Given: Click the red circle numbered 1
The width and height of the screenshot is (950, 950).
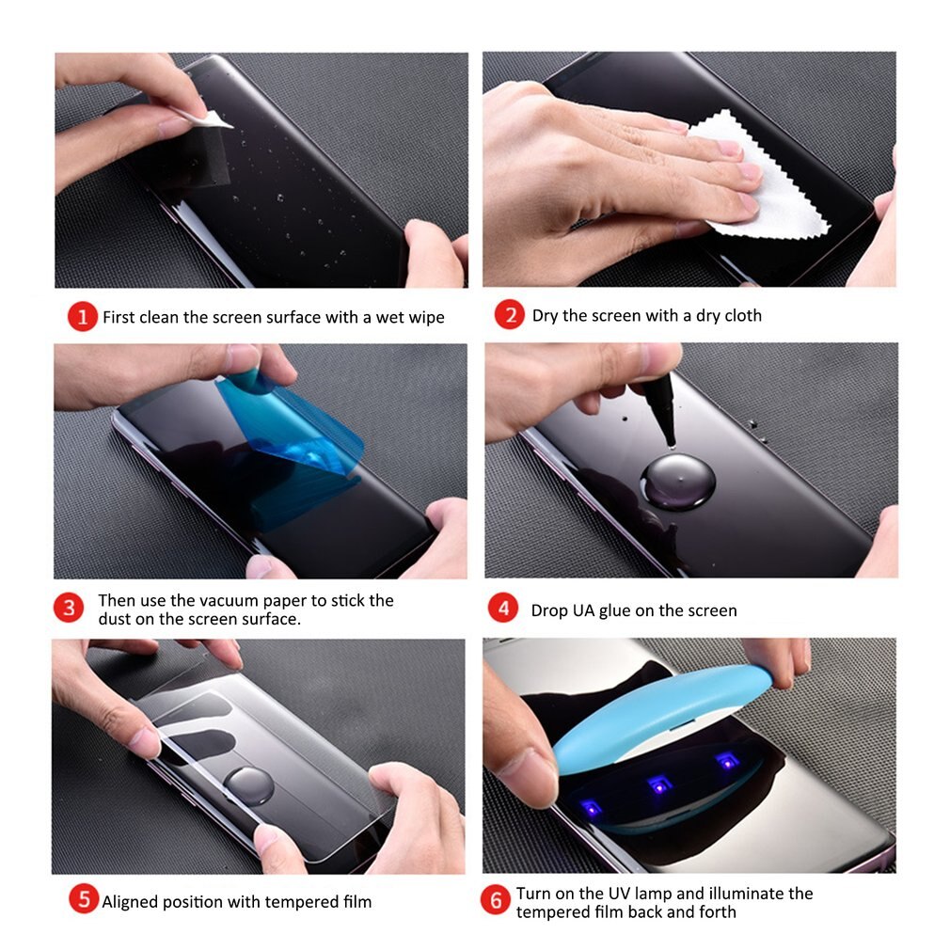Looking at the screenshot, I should (x=82, y=317).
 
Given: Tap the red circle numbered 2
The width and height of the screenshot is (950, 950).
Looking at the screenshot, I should (x=509, y=316).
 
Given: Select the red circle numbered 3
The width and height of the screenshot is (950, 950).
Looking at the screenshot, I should (x=68, y=608).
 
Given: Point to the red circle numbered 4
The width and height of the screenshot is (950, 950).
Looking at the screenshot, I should (x=503, y=609).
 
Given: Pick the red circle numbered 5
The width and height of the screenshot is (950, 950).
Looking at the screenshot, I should (x=84, y=900).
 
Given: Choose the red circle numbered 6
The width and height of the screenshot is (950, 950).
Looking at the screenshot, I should (x=496, y=901).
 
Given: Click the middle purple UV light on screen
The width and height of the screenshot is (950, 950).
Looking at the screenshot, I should (x=659, y=783).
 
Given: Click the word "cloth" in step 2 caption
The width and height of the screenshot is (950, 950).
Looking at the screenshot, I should (x=743, y=316).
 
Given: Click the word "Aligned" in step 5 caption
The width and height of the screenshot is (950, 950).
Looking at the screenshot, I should (x=133, y=902).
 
